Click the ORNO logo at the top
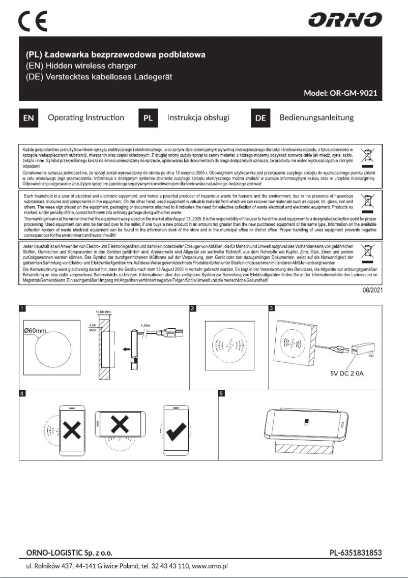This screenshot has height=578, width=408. tap(345, 20)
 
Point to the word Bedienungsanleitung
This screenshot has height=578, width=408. tap(316, 118)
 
